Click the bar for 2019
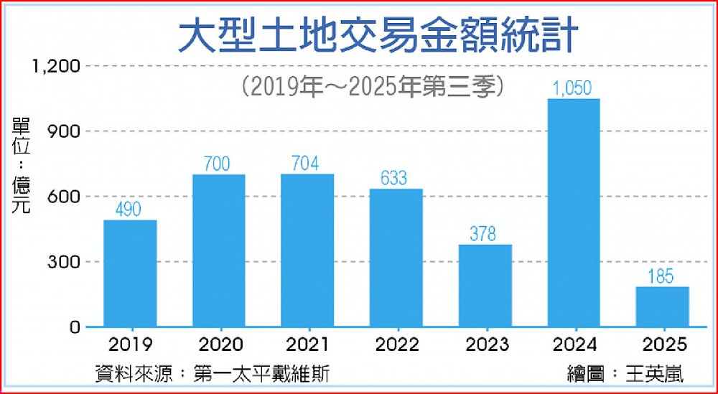pyautogui.click(x=130, y=273)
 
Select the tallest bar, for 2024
pyautogui.click(x=573, y=213)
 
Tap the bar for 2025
pyautogui.click(x=662, y=306)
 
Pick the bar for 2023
pyautogui.click(x=485, y=286)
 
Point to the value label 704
pyautogui.click(x=307, y=164)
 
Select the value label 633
pyautogui.click(x=396, y=178)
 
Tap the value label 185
pyautogui.click(x=661, y=276)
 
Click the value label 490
pyautogui.click(x=130, y=210)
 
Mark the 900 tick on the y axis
pyautogui.click(x=63, y=131)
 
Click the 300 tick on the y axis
pyautogui.click(x=63, y=262)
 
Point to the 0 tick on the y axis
pyautogui.click(x=74, y=327)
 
